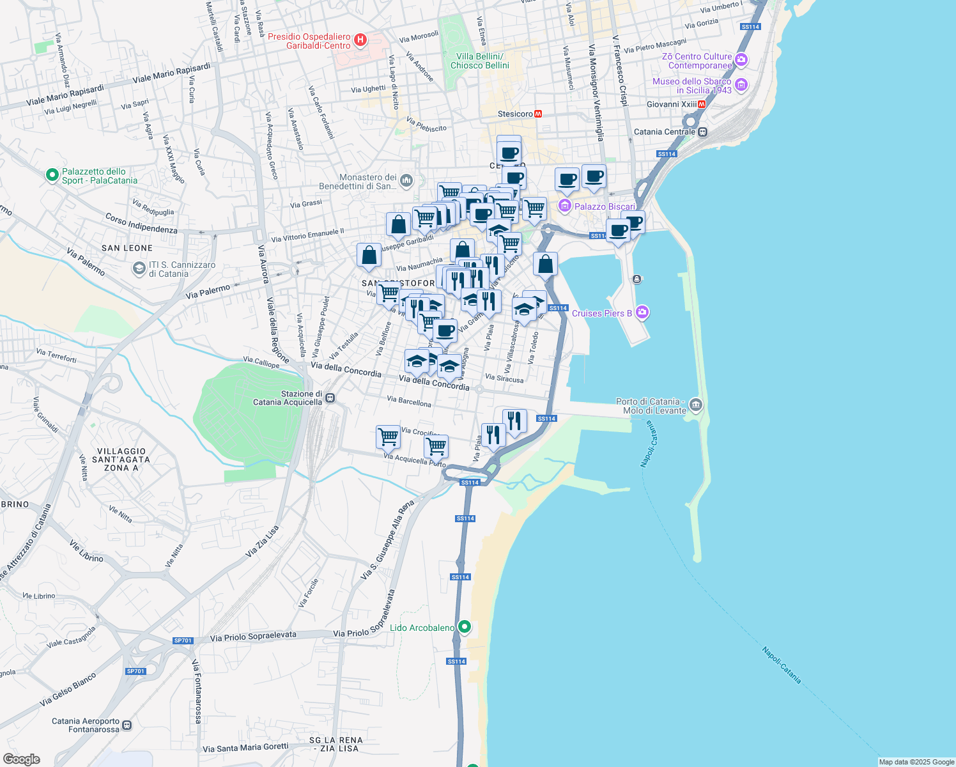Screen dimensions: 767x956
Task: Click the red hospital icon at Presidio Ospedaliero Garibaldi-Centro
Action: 360,41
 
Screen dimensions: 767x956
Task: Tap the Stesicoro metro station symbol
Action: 538,114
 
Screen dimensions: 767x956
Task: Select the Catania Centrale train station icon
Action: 702,132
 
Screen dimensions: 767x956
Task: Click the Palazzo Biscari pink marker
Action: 564,206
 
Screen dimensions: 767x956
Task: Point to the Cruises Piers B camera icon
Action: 642,313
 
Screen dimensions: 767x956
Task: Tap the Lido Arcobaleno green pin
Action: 465,627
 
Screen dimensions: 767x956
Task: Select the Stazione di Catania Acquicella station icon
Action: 330,398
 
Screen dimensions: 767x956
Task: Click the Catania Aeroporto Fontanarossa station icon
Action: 127,725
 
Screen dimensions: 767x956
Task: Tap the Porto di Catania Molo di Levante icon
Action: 696,405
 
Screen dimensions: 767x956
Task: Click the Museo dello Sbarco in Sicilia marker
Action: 741,84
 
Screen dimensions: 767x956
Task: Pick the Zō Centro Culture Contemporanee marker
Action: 741,60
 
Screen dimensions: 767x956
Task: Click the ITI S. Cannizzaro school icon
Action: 139,269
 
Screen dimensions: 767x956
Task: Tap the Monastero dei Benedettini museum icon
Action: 406,182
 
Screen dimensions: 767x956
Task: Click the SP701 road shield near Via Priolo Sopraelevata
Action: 183,640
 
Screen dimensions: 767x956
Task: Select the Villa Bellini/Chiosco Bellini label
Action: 480,61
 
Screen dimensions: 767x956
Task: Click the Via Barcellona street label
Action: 409,402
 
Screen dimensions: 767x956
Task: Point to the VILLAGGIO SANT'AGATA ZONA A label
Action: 121,460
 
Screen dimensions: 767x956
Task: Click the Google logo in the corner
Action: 21,759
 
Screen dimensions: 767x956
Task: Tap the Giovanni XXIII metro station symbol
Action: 702,104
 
